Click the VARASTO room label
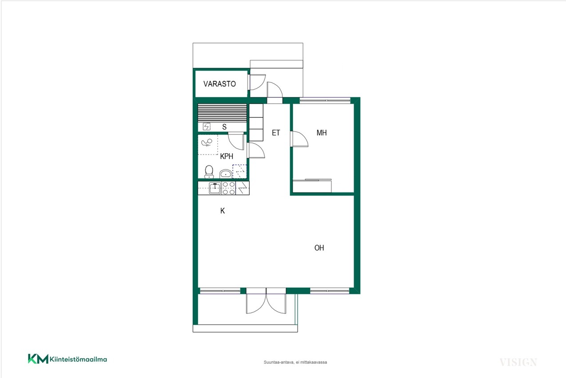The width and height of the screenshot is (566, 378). (x=219, y=84)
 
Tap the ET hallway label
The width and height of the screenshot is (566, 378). (x=276, y=133)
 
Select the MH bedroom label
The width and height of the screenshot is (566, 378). (x=321, y=133)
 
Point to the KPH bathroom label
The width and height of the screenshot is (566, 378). (x=227, y=156)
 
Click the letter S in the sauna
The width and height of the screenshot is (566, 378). (x=224, y=127)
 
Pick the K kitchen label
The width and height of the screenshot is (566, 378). (x=222, y=211)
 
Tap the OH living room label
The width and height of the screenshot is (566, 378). (x=319, y=248)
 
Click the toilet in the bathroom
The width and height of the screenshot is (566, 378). (x=209, y=172)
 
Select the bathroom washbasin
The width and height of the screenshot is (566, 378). (x=225, y=173)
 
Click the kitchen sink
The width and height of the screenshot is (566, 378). (x=215, y=188)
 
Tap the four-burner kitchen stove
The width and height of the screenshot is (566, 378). (x=228, y=188)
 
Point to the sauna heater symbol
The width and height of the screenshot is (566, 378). (x=207, y=126)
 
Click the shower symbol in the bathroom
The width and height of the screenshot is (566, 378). (x=207, y=143)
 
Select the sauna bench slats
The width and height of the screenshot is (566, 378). (x=222, y=113)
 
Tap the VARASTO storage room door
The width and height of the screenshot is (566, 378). (x=257, y=82)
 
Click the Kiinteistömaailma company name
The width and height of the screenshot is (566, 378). (x=78, y=359)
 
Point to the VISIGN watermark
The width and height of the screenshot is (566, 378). (x=518, y=362)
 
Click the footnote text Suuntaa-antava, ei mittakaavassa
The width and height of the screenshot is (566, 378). (x=295, y=362)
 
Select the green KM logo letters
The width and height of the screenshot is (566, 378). (x=38, y=359)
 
